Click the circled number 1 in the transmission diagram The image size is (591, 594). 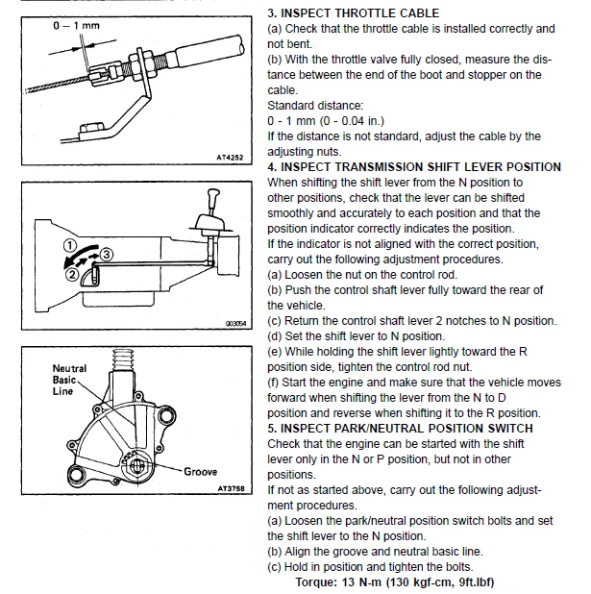(x=69, y=246)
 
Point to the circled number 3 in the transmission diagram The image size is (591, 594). (x=108, y=255)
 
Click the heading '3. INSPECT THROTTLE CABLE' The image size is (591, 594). (x=353, y=13)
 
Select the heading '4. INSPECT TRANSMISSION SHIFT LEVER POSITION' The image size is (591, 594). (x=414, y=167)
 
